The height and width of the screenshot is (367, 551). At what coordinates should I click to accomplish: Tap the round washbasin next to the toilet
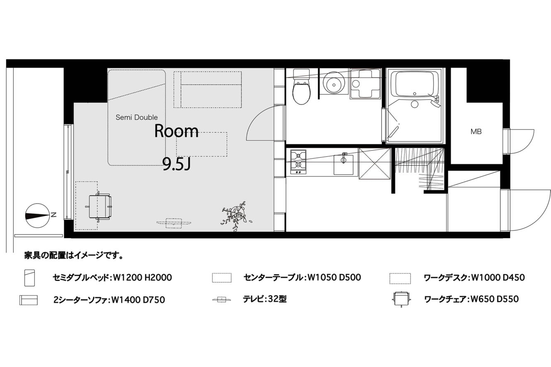pos(334,83)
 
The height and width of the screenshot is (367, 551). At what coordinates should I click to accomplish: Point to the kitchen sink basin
pos(343,165)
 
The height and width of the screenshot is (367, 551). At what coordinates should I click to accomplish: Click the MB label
pos(476,132)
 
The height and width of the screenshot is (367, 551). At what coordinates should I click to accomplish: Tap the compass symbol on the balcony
pos(38,216)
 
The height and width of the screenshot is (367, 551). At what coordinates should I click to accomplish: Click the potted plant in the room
pos(236,216)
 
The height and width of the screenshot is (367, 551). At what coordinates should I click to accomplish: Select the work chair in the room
pos(99,206)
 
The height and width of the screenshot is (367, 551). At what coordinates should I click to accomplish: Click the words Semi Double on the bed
pos(137,118)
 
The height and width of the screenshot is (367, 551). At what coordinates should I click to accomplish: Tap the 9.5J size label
pos(176,164)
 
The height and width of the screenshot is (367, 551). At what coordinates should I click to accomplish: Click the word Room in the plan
pos(176,131)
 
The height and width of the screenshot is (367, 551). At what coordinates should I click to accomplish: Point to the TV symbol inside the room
pos(174,223)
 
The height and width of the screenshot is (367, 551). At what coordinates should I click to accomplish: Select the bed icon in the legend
pos(30,278)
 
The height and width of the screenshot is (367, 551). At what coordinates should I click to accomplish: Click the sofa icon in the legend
pos(29,300)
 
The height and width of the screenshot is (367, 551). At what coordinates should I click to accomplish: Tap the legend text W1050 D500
pos(334,277)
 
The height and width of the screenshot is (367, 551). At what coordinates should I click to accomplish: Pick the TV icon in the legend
pos(222,300)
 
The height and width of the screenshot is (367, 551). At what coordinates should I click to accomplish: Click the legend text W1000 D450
pos(498,278)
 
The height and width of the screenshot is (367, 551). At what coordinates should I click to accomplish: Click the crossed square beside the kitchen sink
pos(375,163)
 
